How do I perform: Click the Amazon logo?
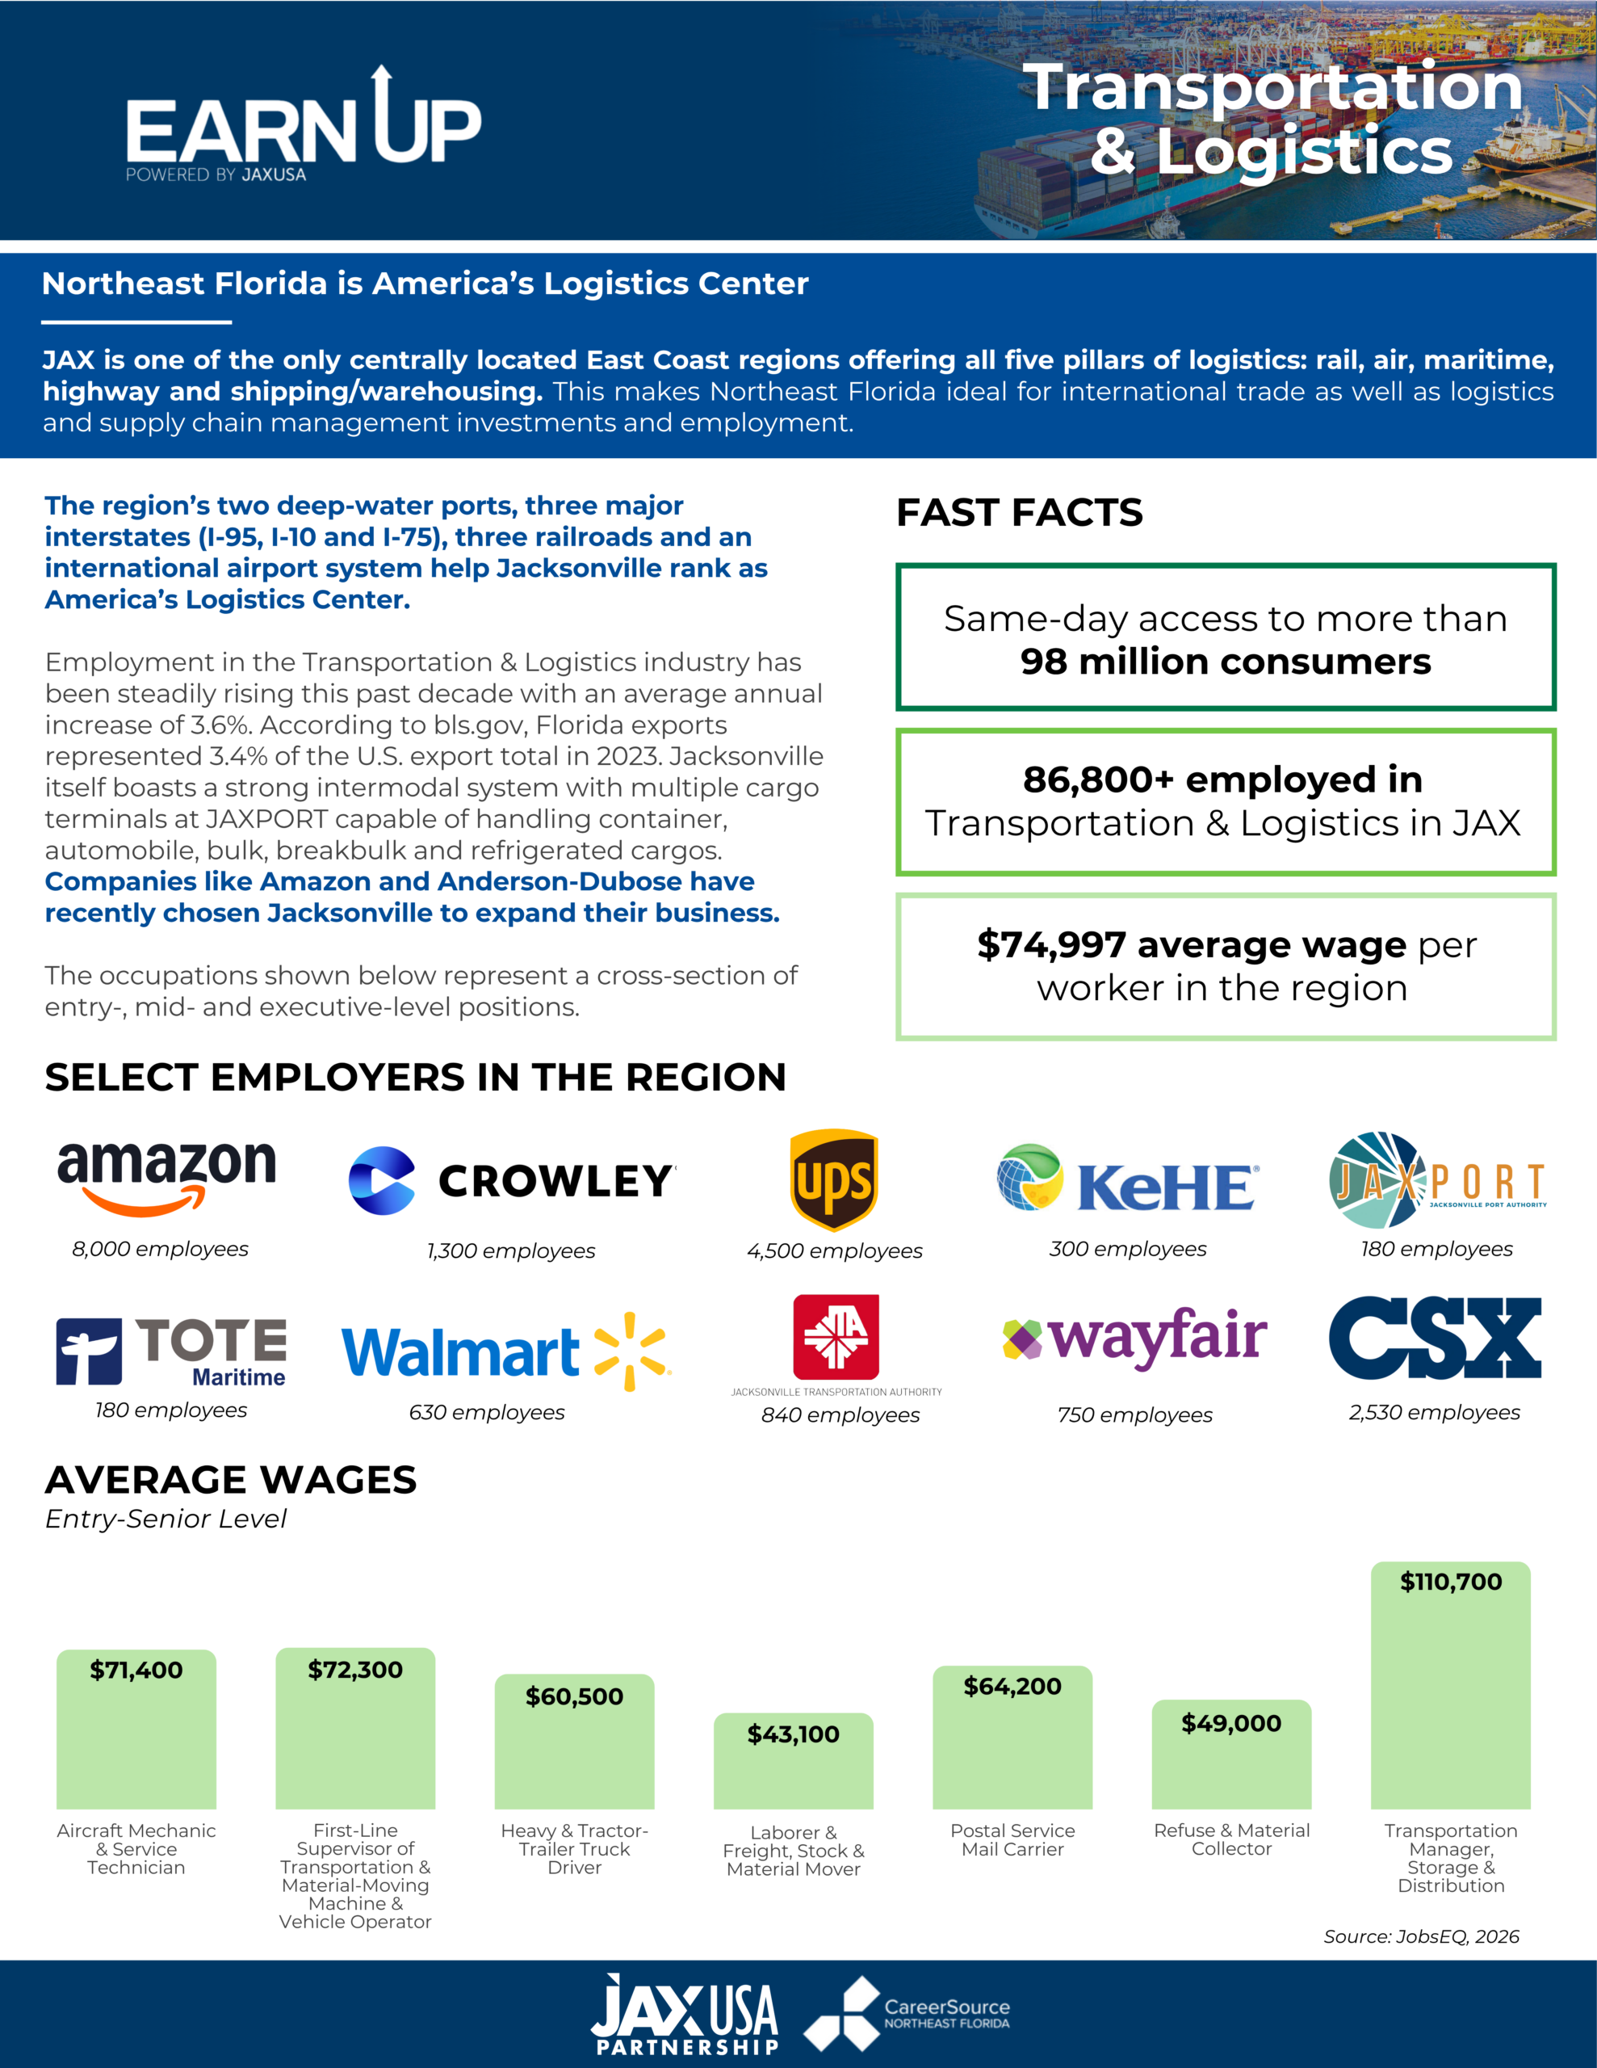[x=166, y=1178]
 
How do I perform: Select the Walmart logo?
[x=505, y=1352]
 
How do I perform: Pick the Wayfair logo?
[x=1134, y=1337]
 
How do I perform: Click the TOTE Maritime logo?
[x=171, y=1352]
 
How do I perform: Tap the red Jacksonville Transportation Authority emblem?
[x=836, y=1337]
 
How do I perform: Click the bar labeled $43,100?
[x=794, y=1761]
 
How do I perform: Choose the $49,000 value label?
[x=1231, y=1723]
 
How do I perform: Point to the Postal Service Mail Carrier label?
[x=1013, y=1840]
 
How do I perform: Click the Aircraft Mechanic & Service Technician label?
[x=136, y=1849]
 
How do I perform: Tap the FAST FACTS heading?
[x=1020, y=512]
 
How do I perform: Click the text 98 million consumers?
[x=1225, y=662]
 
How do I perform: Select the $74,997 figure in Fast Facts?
[x=1050, y=944]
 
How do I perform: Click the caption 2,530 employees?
[x=1434, y=1412]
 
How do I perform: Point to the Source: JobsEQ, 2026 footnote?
[x=1421, y=1936]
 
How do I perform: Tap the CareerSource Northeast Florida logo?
[x=907, y=2013]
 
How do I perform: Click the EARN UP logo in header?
[x=303, y=125]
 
